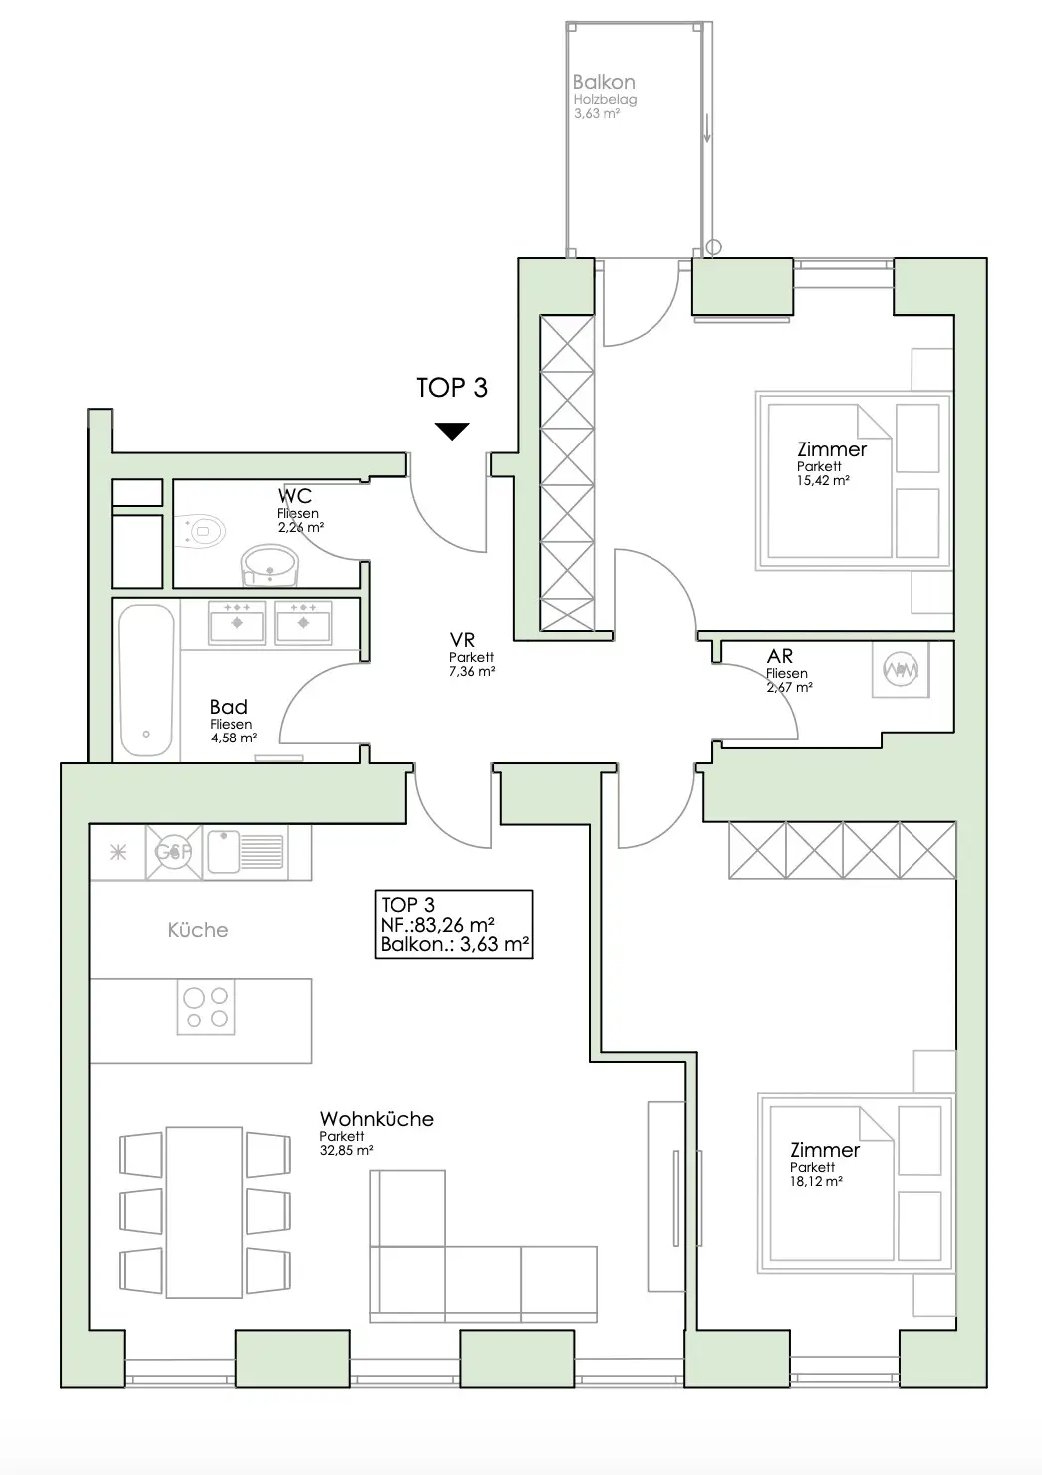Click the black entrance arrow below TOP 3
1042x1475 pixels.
click(452, 431)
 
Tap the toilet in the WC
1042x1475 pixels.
click(201, 531)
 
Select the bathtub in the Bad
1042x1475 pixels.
click(146, 681)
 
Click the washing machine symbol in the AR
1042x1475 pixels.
click(900, 670)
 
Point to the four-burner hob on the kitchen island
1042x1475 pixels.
click(206, 1007)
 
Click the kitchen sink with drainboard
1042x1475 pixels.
click(245, 852)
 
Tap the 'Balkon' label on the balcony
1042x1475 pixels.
click(604, 82)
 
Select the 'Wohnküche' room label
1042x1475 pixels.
click(377, 1119)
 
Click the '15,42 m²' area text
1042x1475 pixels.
click(823, 480)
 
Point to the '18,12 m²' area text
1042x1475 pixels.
click(816, 1181)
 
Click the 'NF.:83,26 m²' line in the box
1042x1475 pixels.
click(437, 925)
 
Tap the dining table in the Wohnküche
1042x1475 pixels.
click(204, 1212)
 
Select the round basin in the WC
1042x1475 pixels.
click(269, 565)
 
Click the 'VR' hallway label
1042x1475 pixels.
click(462, 640)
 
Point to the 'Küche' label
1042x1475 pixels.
click(198, 930)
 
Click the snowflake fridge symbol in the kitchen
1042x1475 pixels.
click(118, 853)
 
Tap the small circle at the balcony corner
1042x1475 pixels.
click(713, 247)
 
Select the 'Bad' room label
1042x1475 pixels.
click(228, 707)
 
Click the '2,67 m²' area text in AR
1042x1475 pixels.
click(789, 687)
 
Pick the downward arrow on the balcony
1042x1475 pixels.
click(707, 128)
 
